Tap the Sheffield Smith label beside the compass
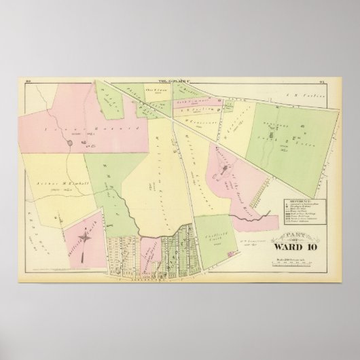point(73,231)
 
